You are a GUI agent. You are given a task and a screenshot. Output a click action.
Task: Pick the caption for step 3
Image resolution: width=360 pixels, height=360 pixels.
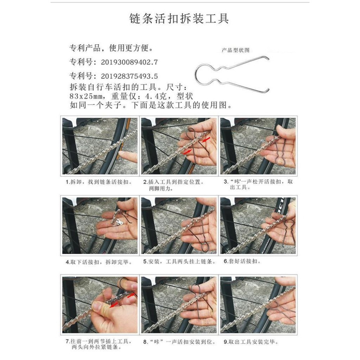258,185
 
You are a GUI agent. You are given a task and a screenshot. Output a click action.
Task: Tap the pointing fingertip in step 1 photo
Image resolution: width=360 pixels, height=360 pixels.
122,155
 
